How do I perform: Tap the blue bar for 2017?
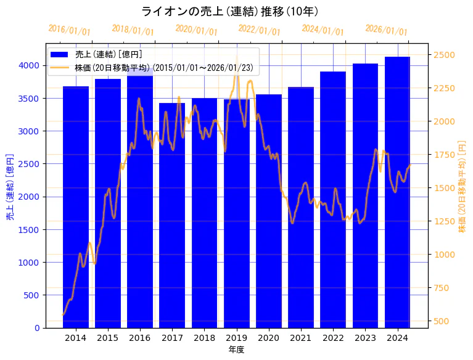(172, 216)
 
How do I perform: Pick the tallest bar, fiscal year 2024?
(398, 192)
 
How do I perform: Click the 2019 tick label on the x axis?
(236, 338)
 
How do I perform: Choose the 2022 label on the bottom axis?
(333, 338)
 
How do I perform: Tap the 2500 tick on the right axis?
(444, 55)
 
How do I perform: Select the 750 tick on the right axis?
(442, 287)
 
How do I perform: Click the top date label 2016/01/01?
(69, 31)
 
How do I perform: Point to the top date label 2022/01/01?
(259, 31)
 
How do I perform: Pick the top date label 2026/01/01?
(386, 31)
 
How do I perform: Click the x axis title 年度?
(236, 350)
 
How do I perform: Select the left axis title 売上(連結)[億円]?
(10, 186)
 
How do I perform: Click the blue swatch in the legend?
(60, 54)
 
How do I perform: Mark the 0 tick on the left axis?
(36, 328)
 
